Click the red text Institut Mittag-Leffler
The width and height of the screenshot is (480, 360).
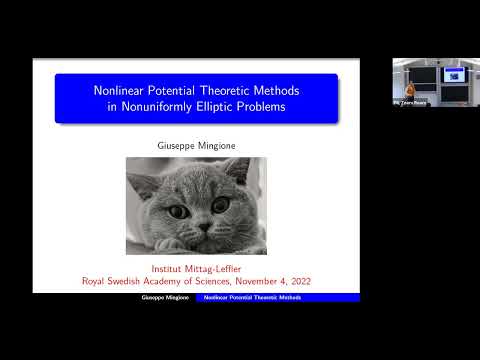click(196, 269)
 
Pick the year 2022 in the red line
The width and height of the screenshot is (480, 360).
click(297, 282)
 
